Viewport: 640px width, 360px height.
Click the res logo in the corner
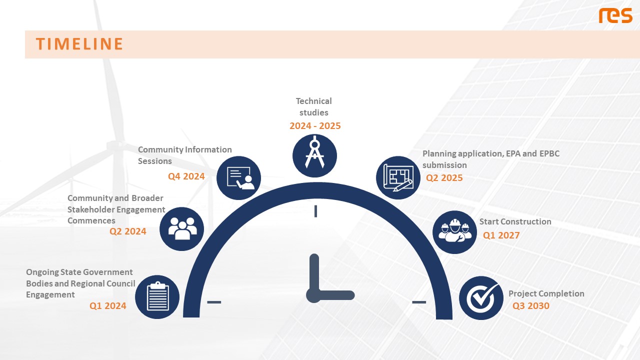pos(615,15)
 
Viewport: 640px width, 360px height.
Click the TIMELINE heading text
pos(79,44)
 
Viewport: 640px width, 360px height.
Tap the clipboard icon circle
pos(157,297)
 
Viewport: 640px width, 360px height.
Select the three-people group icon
pos(181,229)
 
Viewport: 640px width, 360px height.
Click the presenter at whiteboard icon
pos(239,177)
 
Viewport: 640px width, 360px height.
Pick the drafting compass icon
pos(314,155)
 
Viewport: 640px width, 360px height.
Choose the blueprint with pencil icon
pos(398,177)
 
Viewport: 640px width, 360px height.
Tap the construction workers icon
pos(454,232)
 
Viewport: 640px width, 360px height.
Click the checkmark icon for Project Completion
pos(481,297)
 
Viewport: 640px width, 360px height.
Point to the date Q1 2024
pos(107,305)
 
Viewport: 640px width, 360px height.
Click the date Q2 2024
pos(127,231)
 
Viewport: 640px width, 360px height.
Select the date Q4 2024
pos(186,176)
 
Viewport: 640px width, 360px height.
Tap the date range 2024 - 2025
pos(315,125)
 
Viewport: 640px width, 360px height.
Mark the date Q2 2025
pos(444,177)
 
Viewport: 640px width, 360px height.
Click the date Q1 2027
pos(501,235)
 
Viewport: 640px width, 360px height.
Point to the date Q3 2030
pos(531,305)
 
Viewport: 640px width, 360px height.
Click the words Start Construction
pos(515,221)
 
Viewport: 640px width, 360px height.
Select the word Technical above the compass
pos(313,101)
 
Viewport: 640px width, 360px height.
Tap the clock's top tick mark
pos(315,211)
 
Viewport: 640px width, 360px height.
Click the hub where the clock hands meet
pos(314,295)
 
